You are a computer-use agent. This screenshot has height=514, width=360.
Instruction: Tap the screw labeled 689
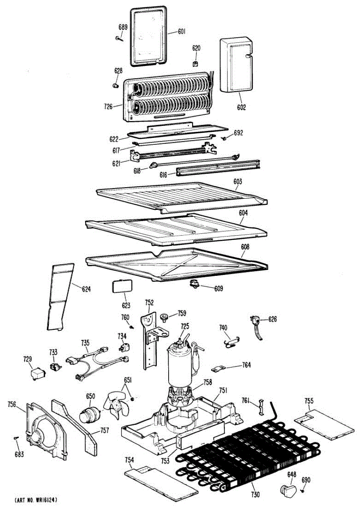tap(119, 39)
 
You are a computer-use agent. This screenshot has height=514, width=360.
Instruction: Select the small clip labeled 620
tap(196, 64)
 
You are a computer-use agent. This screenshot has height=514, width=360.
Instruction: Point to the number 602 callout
tap(241, 108)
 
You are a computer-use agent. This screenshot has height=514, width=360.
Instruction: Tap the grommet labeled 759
tap(164, 317)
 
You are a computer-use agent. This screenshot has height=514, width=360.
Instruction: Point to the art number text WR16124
tap(36, 500)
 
